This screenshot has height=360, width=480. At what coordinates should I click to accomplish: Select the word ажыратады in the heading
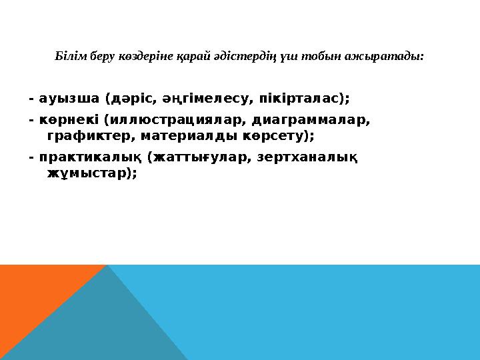(394, 56)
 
